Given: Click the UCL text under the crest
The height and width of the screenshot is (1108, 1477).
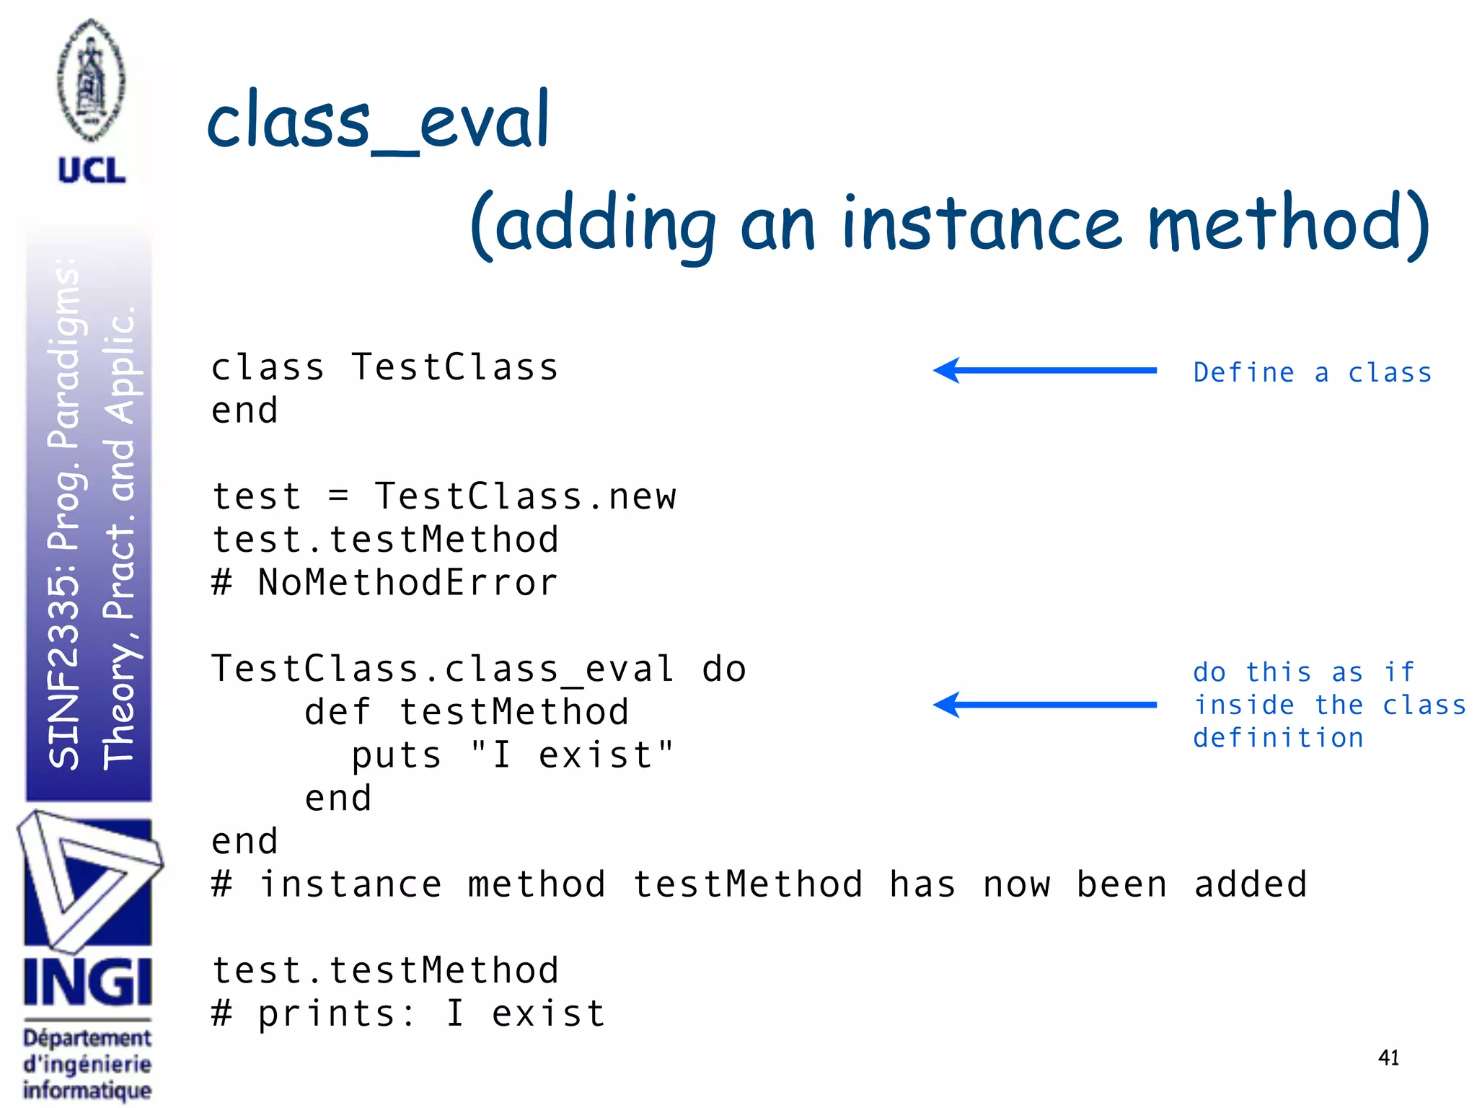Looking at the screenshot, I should tap(92, 171).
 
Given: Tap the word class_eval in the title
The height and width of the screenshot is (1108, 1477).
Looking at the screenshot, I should tap(378, 121).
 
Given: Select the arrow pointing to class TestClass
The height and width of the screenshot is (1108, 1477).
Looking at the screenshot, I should tap(1044, 370).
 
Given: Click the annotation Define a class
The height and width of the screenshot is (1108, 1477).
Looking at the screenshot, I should tap(1312, 373).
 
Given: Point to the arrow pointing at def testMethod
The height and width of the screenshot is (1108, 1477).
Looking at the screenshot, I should tap(1044, 705).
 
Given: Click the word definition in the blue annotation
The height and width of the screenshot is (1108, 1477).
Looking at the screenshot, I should tap(1278, 738).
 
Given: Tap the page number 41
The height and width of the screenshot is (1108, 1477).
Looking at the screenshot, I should tap(1388, 1058).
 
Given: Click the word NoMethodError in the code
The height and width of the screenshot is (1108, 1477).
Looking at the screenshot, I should tap(408, 583).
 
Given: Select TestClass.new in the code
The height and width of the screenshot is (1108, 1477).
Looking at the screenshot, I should tap(525, 497).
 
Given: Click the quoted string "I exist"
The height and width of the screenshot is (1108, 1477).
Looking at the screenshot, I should tap(571, 755).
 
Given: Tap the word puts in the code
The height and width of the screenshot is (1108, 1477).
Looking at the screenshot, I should tap(396, 755).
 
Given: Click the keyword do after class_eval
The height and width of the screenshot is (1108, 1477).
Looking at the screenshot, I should tap(723, 669).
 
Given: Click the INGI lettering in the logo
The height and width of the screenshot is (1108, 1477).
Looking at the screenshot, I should tap(87, 982).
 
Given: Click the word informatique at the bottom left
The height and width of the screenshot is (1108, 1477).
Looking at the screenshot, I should tap(87, 1089).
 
